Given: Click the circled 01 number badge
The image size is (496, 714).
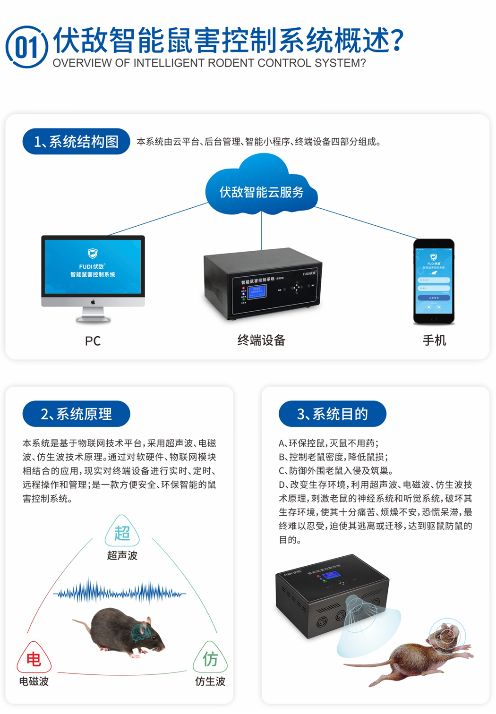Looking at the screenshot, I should tap(26, 47).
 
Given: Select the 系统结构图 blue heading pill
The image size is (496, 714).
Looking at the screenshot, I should tap(76, 141).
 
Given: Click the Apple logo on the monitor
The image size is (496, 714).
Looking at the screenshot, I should tap(93, 302).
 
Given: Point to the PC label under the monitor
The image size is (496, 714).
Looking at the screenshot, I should tap(93, 341).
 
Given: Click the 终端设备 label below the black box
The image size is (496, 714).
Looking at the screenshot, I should tap(261, 340).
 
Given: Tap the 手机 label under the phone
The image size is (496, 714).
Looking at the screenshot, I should tap(434, 340).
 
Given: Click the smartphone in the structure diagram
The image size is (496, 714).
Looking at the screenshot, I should tap(434, 281).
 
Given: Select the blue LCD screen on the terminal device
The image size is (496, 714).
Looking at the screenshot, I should tap(257, 291).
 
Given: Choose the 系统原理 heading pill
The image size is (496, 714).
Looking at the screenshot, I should tap(76, 414).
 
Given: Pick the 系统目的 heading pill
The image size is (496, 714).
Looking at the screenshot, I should tap(332, 414).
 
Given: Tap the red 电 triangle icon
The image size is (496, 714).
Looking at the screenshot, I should tap(34, 658).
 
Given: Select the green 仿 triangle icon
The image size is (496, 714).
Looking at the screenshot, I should tap(210, 658).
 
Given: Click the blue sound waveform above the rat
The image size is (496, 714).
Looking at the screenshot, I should tap(120, 593).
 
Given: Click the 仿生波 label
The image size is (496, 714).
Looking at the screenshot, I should tap(210, 681).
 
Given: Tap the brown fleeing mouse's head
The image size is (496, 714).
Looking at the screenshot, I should tap(446, 635).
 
